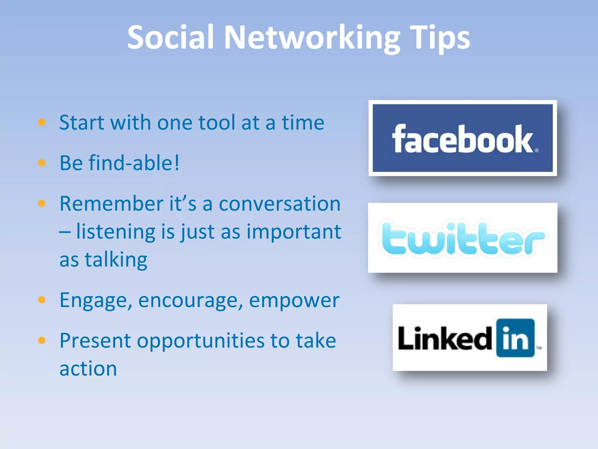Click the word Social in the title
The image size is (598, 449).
[171, 37]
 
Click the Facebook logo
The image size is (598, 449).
[463, 138]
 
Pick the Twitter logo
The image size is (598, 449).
[463, 238]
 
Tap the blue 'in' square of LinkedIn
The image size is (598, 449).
[515, 338]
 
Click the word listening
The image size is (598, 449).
[116, 232]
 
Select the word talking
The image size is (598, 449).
[116, 260]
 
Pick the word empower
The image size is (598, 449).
[294, 300]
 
